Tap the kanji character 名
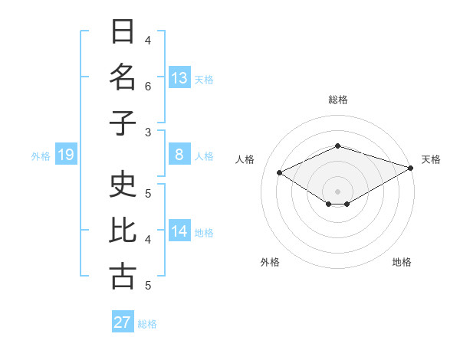point(123,77)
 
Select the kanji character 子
point(123,123)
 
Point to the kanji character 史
point(123,185)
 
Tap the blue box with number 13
point(179,77)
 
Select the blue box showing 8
point(179,155)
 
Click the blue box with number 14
point(179,232)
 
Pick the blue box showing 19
point(65,155)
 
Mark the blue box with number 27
point(123,322)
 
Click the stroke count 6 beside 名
point(148,87)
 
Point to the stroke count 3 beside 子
point(148,132)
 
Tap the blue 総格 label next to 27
point(147,324)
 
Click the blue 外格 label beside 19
point(41,156)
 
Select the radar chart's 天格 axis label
point(431,159)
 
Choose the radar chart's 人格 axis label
point(245,159)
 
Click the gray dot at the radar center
point(337,191)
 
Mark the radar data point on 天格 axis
point(412,167)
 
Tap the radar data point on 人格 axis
point(280,173)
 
